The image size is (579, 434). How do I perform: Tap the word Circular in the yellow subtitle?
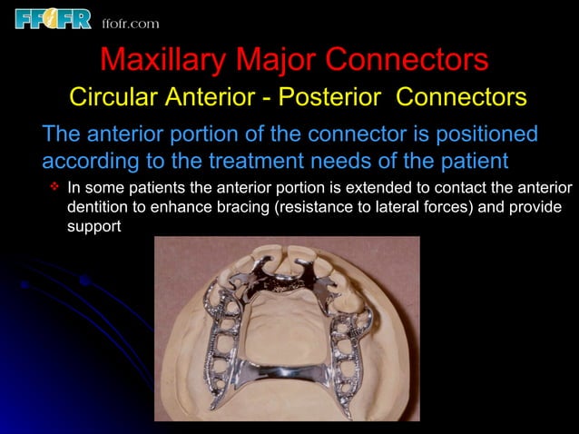(107, 96)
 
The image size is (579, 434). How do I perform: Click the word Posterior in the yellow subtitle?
(338, 96)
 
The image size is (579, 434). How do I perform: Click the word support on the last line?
(93, 227)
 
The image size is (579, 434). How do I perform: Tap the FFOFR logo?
(53, 18)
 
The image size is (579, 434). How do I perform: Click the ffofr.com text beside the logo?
(132, 23)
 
